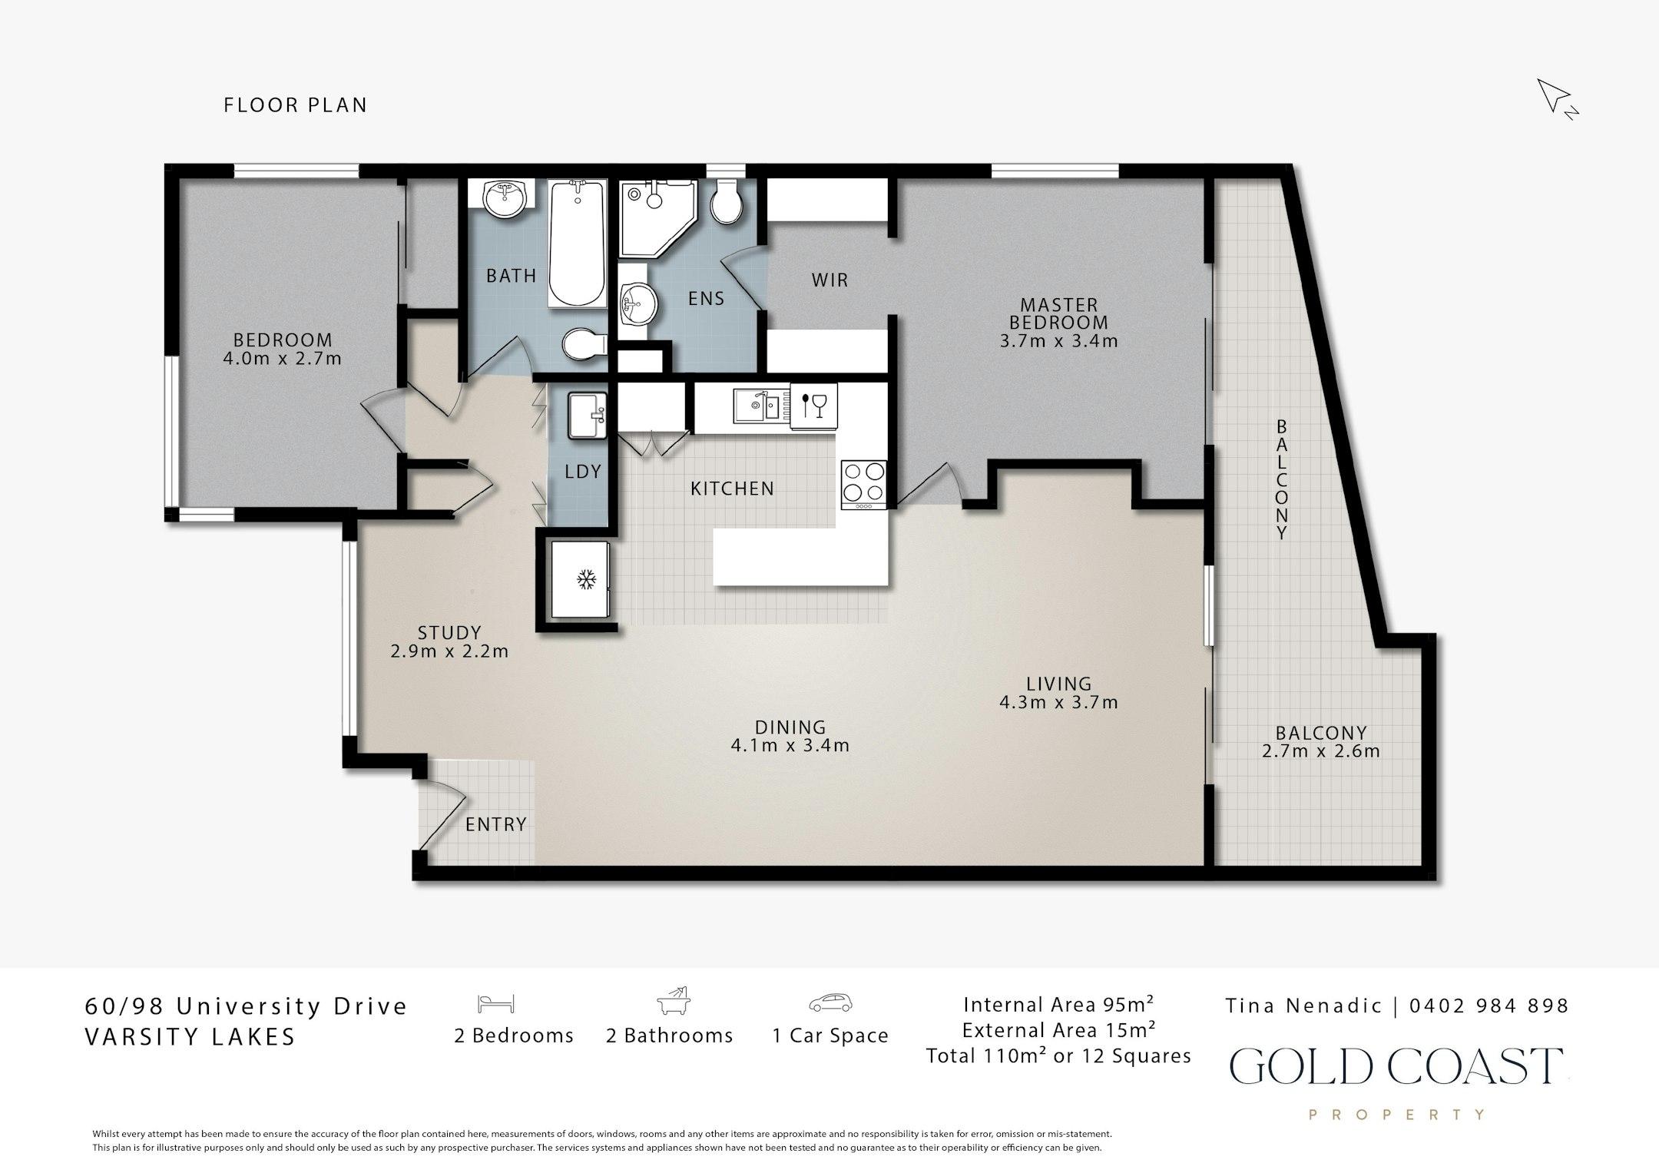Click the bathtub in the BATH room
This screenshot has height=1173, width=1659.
[578, 243]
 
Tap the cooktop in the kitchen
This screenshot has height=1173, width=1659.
[864, 484]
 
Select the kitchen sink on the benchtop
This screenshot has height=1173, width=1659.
[757, 404]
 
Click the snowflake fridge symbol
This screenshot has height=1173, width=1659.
[587, 579]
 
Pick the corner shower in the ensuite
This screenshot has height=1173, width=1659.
[657, 217]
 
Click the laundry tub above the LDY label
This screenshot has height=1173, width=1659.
[588, 416]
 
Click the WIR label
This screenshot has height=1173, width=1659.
[830, 280]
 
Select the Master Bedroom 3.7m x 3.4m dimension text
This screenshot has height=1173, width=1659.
[1058, 340]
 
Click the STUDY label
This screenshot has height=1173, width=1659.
[449, 633]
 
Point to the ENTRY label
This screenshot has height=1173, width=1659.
[496, 824]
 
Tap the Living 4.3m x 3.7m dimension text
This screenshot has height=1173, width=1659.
[1058, 702]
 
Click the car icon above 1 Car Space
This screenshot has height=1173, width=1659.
[830, 1003]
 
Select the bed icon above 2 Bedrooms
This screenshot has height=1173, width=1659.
[495, 1004]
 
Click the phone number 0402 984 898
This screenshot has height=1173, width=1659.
[1489, 1006]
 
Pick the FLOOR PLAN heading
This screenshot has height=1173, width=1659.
[296, 105]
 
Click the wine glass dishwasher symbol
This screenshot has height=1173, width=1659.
[813, 405]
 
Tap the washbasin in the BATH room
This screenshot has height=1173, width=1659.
[505, 199]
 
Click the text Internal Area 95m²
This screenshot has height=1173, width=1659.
[1058, 1005]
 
